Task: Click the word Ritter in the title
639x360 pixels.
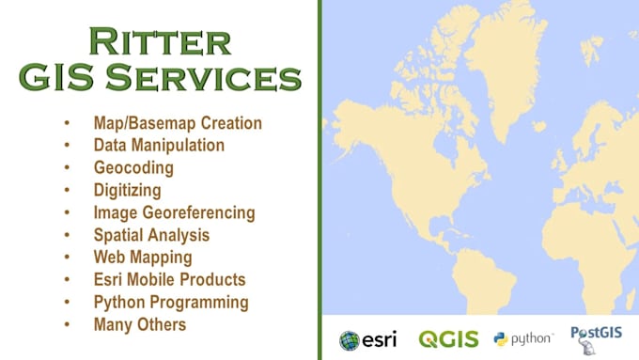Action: pos(159,41)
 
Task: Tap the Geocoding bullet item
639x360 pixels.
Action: pos(133,168)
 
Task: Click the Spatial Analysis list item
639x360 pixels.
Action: pos(151,235)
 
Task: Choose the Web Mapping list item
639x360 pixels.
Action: pos(143,257)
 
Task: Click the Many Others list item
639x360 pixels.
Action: pos(140,324)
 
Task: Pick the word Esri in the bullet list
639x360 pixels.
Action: pos(110,279)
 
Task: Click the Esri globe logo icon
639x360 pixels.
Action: pos(350,340)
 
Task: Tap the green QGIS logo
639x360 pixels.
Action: pos(448,339)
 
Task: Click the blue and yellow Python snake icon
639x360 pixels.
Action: pos(501,339)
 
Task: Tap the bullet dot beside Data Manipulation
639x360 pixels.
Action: pos(67,146)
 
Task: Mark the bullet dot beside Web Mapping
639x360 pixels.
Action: pos(67,257)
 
